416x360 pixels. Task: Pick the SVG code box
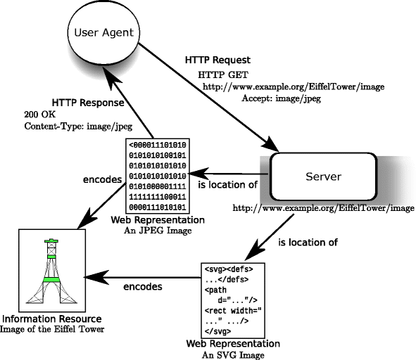[233, 299]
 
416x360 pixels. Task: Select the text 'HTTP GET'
[223, 75]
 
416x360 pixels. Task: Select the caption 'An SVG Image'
[232, 355]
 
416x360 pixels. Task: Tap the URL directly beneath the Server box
[323, 208]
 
